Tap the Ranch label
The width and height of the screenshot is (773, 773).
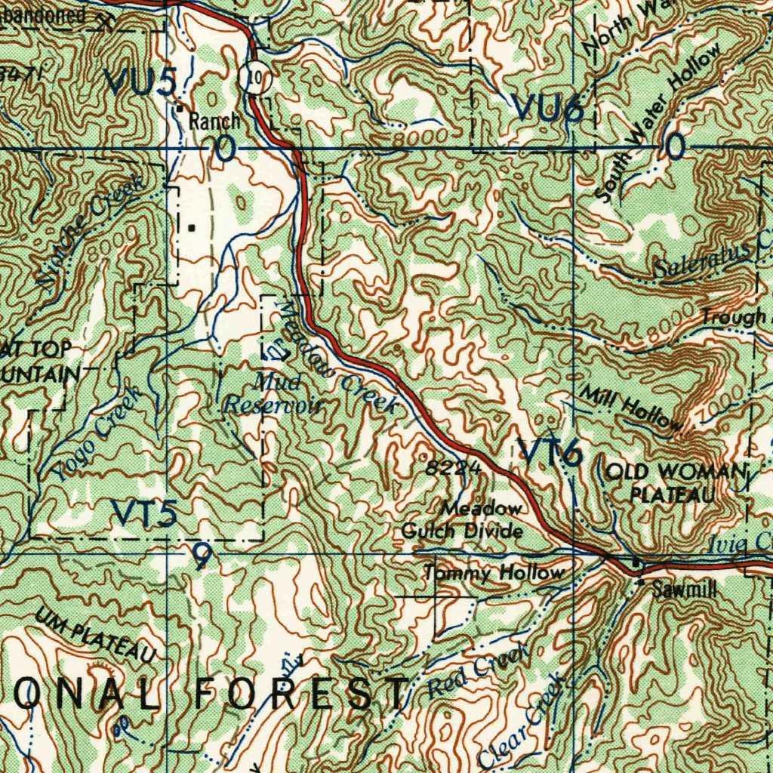(214, 120)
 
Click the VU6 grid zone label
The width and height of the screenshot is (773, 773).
(549, 109)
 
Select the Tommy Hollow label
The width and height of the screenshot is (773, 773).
(494, 574)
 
